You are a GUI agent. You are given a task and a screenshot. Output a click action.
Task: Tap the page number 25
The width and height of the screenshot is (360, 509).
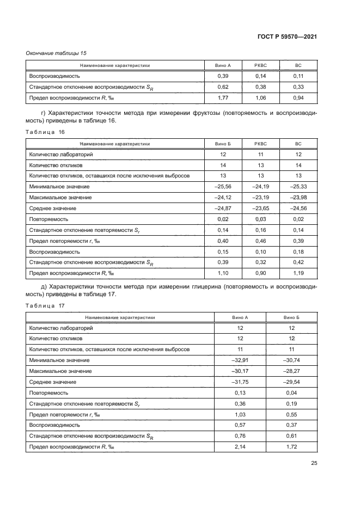tap(314, 463)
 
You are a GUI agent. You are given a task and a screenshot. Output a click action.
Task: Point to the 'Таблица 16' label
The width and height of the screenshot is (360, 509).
tap(45, 133)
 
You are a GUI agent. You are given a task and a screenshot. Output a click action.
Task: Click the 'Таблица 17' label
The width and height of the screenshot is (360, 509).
tap(45, 305)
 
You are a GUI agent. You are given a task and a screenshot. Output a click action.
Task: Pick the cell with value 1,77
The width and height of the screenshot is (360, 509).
tap(222, 97)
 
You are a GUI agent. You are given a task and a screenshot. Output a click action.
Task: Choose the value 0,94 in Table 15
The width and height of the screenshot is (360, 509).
tap(297, 97)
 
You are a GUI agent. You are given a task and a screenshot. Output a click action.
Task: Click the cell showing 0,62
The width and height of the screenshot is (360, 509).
tap(222, 87)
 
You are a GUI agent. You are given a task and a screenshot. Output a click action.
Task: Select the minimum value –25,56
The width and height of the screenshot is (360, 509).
tap(222, 186)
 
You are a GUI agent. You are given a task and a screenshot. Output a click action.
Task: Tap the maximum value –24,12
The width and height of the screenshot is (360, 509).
tap(222, 197)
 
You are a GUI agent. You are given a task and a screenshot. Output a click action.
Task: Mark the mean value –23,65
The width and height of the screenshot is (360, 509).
tap(260, 208)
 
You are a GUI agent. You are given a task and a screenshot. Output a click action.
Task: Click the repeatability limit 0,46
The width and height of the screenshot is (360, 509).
tap(260, 241)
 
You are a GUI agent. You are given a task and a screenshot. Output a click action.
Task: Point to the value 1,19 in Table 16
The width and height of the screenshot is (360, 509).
tap(297, 273)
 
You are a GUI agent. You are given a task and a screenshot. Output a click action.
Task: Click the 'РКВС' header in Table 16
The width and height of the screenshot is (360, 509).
tap(260, 144)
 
